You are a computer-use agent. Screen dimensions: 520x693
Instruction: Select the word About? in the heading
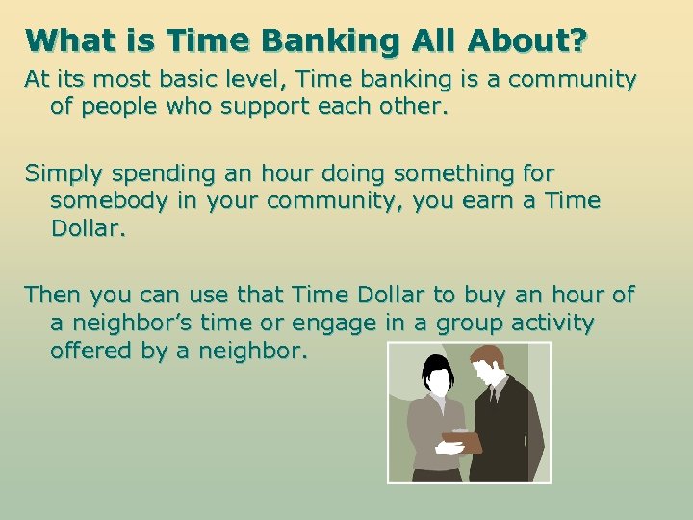(526, 41)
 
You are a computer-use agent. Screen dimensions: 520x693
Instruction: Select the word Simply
(59, 174)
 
